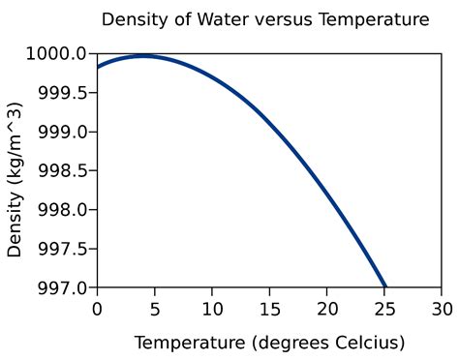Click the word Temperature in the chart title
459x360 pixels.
click(368, 19)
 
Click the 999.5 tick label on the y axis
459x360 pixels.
click(63, 93)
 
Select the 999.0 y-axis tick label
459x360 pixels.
click(63, 132)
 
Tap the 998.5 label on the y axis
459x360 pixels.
click(63, 170)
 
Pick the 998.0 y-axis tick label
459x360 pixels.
click(63, 210)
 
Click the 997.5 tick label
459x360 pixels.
click(63, 249)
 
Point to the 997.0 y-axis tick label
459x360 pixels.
click(63, 287)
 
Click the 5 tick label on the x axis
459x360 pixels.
click(154, 309)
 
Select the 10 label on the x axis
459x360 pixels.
click(212, 309)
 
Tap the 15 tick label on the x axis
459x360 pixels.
click(269, 309)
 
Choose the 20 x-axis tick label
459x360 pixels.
click(327, 309)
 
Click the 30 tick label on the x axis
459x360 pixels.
click(443, 309)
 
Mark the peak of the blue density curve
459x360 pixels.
click(143, 56)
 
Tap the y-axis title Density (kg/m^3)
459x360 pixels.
click(15, 170)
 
